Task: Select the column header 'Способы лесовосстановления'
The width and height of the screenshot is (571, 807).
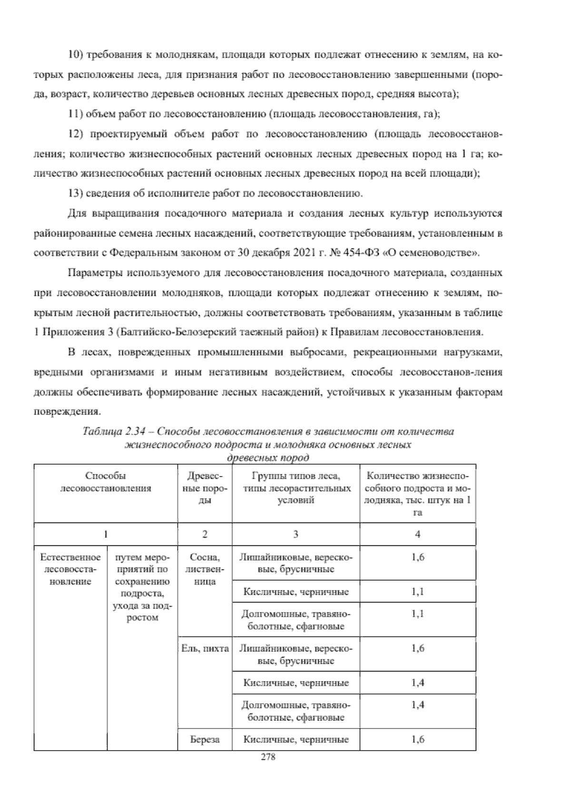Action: click(106, 482)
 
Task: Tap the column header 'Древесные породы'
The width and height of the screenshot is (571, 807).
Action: click(204, 488)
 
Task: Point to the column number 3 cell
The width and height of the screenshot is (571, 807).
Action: click(295, 534)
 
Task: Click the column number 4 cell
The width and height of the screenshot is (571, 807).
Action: click(417, 534)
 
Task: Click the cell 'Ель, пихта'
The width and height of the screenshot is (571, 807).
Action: click(205, 648)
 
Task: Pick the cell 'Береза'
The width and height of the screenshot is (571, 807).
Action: click(205, 739)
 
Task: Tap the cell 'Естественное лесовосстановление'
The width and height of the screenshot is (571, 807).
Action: click(70, 569)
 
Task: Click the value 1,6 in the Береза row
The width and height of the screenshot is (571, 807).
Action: click(417, 739)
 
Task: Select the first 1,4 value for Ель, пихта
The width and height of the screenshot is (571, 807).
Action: click(417, 683)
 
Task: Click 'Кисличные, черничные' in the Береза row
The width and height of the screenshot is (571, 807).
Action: click(295, 739)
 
